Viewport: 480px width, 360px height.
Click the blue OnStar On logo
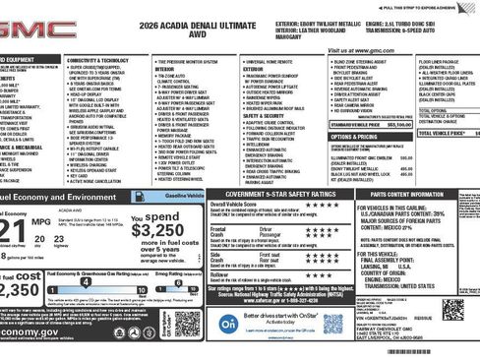click(227, 324)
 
